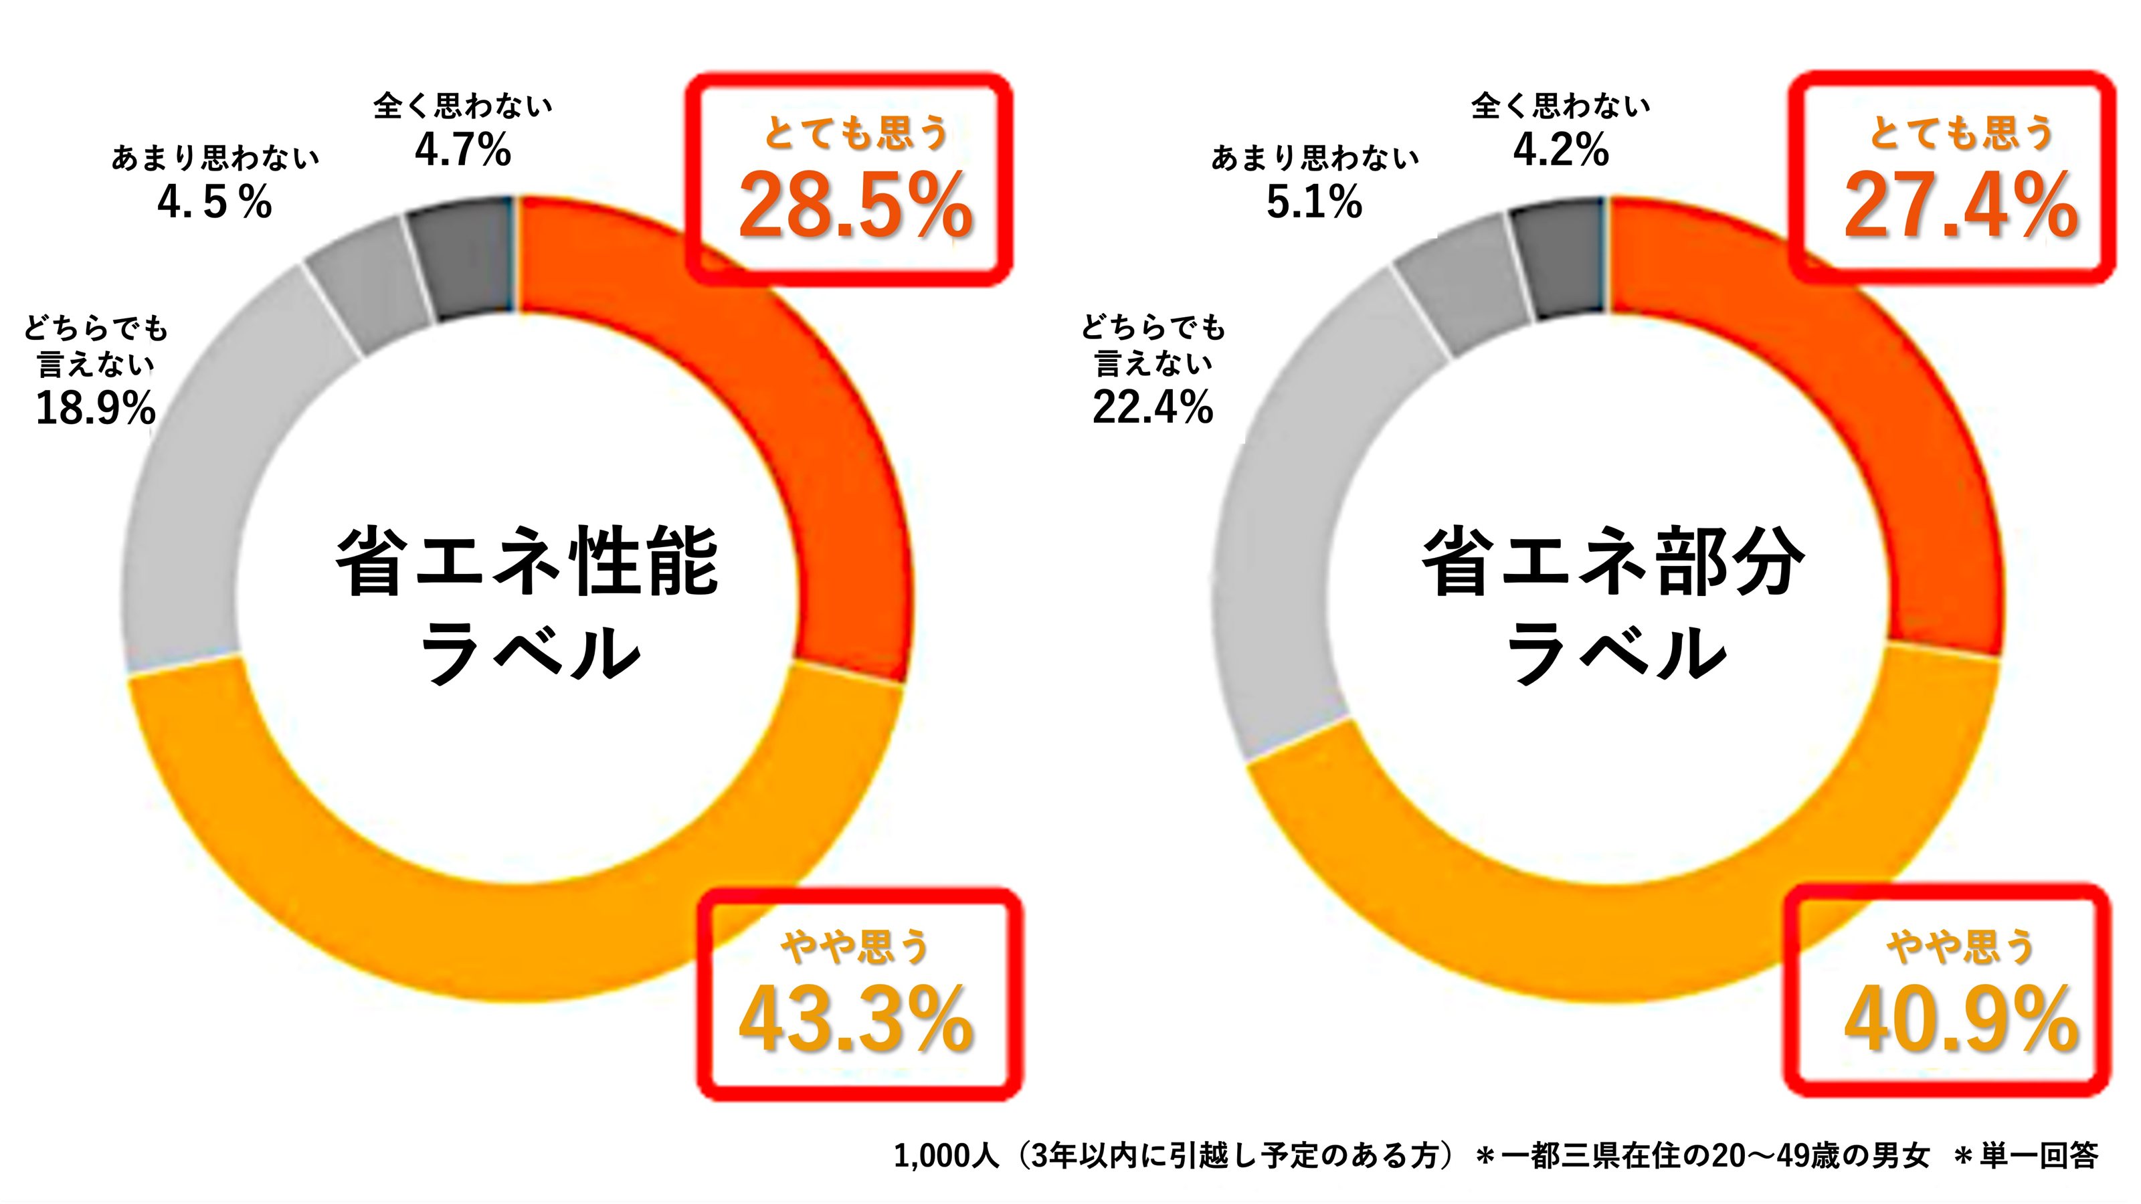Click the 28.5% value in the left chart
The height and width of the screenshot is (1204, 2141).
(856, 206)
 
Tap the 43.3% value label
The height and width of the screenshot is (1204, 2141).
(856, 1019)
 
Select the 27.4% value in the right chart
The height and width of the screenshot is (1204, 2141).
(1960, 206)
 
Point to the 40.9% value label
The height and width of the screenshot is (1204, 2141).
(1960, 1019)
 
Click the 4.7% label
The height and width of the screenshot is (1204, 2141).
(463, 150)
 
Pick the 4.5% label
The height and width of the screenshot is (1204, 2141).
(214, 202)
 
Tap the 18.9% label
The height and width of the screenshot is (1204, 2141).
(96, 408)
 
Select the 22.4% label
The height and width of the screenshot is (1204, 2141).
(1153, 408)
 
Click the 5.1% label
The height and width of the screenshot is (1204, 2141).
(1314, 202)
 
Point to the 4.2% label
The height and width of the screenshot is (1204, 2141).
(1561, 150)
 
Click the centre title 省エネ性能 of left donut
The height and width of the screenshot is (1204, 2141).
(527, 563)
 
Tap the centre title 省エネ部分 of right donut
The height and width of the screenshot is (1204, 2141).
(1614, 563)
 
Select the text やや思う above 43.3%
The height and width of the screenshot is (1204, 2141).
(856, 946)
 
